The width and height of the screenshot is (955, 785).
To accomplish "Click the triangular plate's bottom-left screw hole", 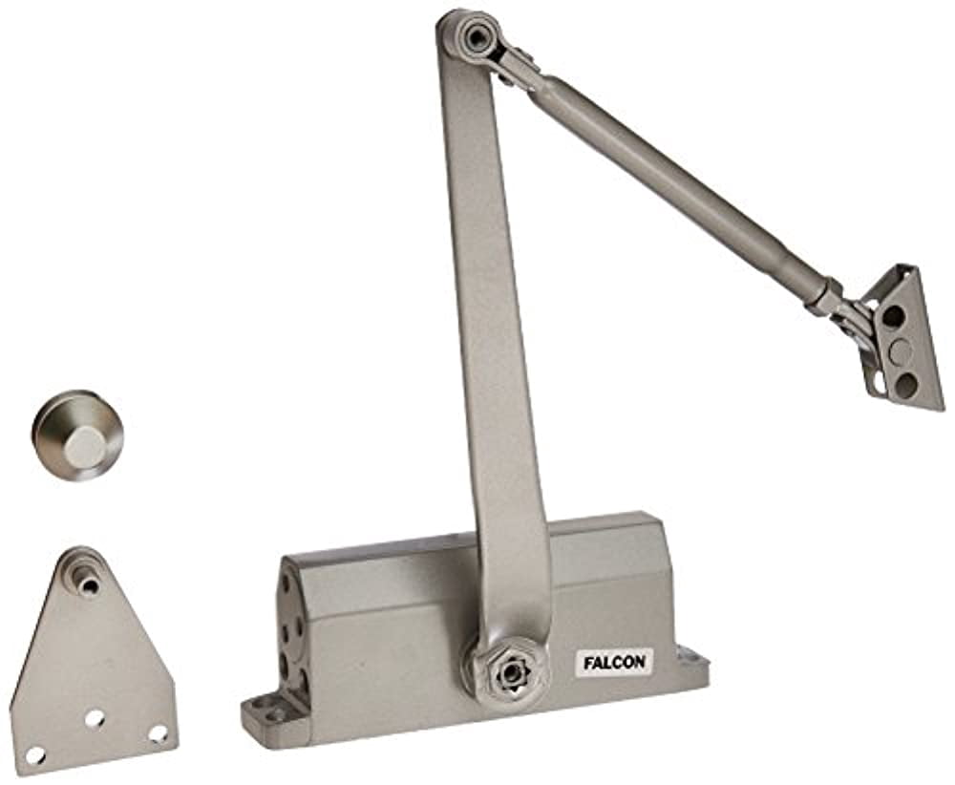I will coord(35,754).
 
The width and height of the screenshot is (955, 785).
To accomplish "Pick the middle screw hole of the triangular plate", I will coord(95,717).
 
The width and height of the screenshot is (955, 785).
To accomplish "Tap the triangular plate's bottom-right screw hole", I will coord(157,734).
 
